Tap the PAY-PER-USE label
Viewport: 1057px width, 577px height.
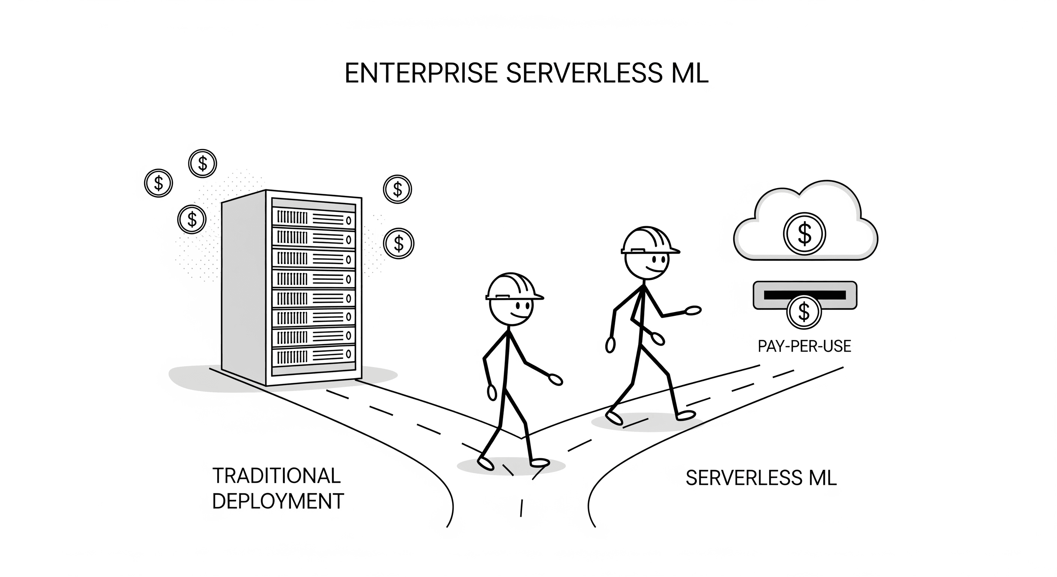[x=804, y=346]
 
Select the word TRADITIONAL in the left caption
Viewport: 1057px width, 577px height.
[x=277, y=476]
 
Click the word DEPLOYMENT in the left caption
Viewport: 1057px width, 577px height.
[x=278, y=501]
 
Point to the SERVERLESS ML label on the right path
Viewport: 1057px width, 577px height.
[x=761, y=478]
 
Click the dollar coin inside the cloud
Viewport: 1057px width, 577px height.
[x=804, y=234]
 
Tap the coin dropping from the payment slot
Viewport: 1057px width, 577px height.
[x=803, y=312]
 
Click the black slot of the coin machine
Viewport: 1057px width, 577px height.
[x=804, y=295]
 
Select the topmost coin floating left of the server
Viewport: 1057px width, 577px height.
[x=202, y=163]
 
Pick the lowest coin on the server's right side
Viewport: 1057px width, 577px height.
[x=398, y=243]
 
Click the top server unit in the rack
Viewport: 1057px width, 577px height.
[x=313, y=218]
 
